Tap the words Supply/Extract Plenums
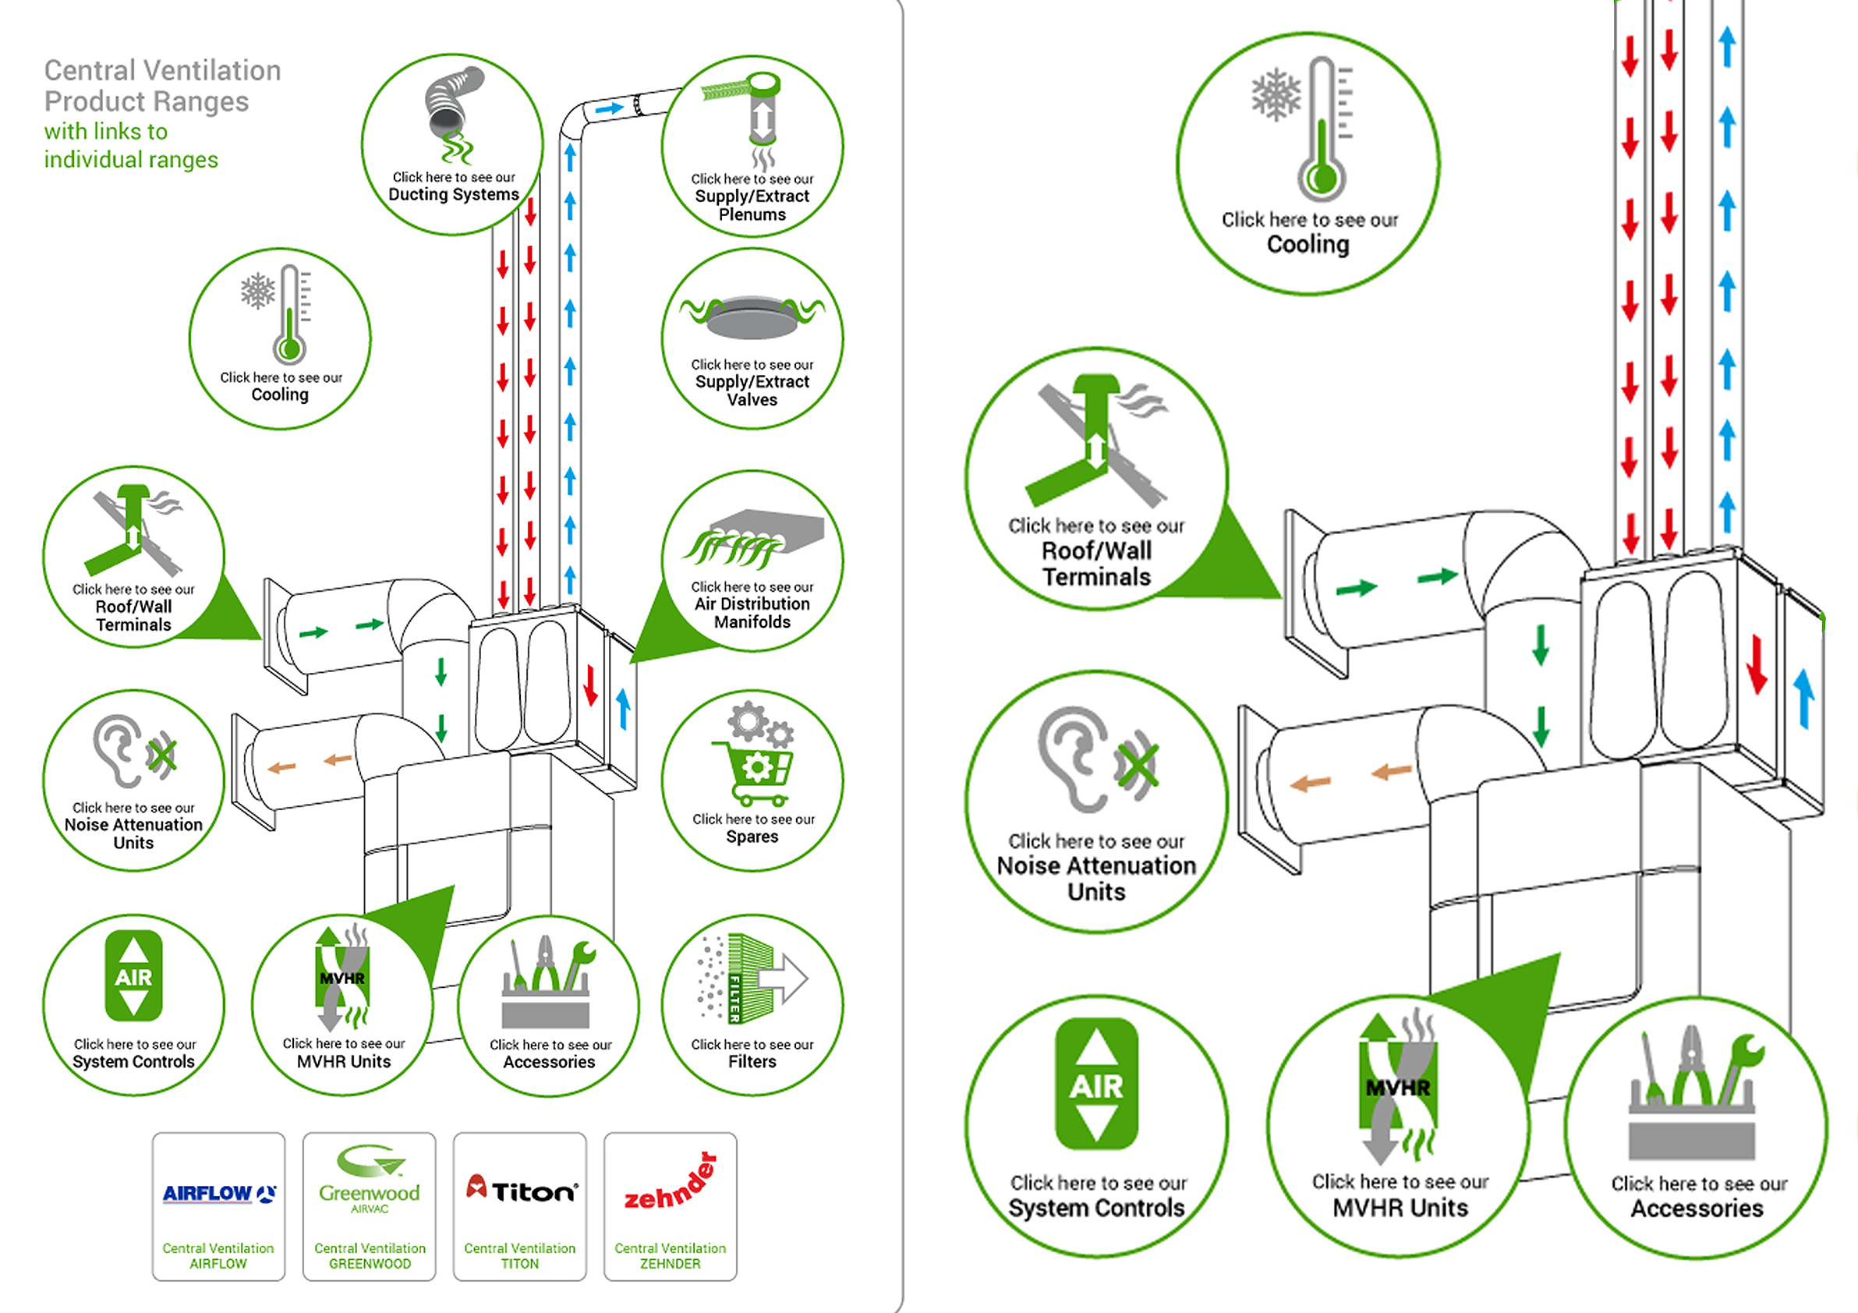tap(752, 206)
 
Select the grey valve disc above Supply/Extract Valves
tap(752, 317)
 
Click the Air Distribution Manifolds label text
tap(752, 613)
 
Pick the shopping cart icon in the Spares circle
tap(752, 773)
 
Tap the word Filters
tap(752, 1062)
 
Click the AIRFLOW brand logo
tap(218, 1194)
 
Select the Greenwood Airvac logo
tap(370, 1181)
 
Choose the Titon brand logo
tap(522, 1191)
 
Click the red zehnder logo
tap(671, 1184)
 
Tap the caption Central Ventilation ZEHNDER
tap(670, 1256)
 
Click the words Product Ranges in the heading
tap(147, 102)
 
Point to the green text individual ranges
tap(131, 160)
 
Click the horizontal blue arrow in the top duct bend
tap(608, 108)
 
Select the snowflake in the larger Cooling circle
tap(1276, 94)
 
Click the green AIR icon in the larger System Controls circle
tap(1096, 1085)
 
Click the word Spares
tap(752, 837)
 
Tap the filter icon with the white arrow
tap(752, 979)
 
